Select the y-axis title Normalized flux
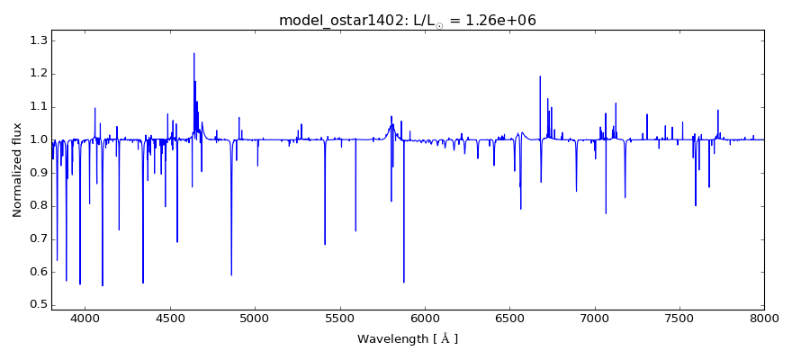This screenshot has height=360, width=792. click(17, 170)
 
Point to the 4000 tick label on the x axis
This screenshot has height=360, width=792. click(85, 318)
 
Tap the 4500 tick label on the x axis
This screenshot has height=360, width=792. click(169, 318)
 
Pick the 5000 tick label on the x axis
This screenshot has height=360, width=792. click(255, 318)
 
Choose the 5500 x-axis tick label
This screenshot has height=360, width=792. click(339, 318)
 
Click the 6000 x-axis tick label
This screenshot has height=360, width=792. click(424, 318)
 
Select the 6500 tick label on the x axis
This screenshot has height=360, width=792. click(509, 318)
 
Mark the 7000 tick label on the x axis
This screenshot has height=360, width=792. click(594, 318)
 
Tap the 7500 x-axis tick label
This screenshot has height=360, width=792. click(679, 318)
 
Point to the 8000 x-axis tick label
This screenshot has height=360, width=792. click(763, 318)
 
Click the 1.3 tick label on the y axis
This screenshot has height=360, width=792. click(37, 40)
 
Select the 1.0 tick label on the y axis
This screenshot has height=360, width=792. click(37, 139)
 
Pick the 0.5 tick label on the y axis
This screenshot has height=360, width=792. click(37, 304)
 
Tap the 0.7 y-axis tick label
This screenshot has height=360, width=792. click(37, 238)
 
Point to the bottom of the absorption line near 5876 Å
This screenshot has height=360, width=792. click(403, 282)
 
